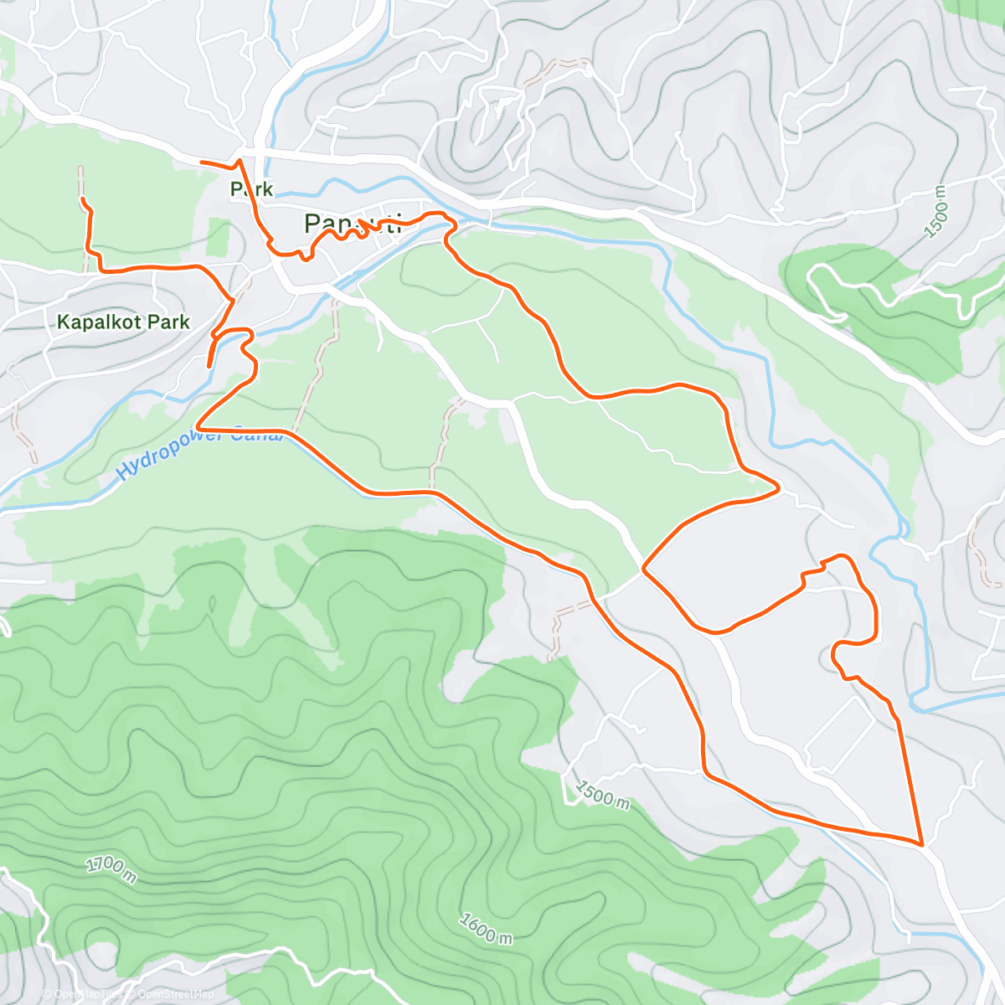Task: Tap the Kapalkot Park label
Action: (x=123, y=322)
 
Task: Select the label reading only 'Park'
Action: (x=251, y=189)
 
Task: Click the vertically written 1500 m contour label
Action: (x=941, y=213)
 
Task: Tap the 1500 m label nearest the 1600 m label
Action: (x=601, y=794)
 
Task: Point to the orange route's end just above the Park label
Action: (x=203, y=160)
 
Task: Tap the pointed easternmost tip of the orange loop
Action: (x=779, y=487)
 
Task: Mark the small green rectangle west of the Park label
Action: (x=218, y=237)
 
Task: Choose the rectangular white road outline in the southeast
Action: (x=841, y=734)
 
